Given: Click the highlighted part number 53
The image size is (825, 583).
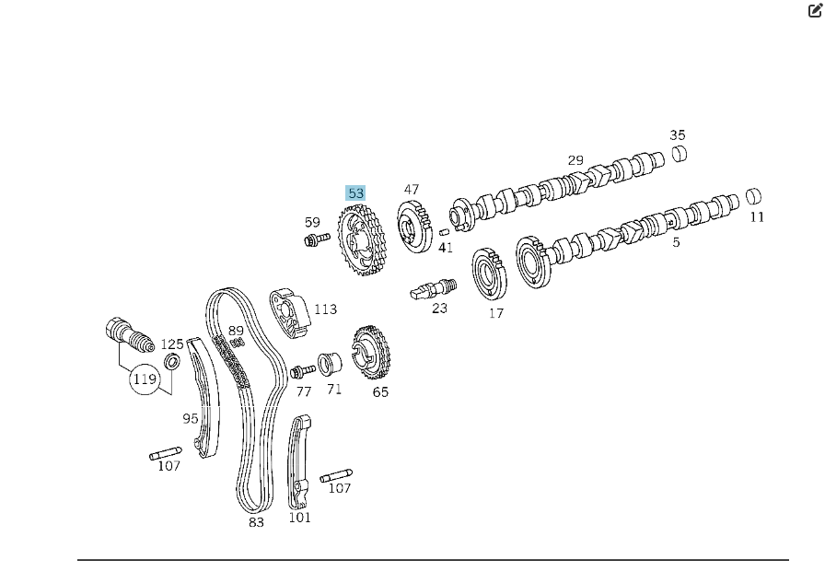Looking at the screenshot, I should click(x=355, y=193).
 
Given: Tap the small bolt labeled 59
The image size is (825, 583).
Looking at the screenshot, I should click(x=315, y=240).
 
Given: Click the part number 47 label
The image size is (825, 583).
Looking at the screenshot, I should click(x=411, y=190).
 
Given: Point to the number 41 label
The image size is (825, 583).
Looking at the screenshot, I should click(x=446, y=248).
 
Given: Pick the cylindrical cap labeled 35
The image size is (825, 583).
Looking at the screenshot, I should click(x=679, y=153).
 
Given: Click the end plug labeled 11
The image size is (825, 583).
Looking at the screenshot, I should click(x=754, y=195).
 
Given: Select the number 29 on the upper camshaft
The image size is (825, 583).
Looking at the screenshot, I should click(x=575, y=160).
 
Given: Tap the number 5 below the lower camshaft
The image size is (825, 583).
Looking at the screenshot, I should click(x=676, y=242).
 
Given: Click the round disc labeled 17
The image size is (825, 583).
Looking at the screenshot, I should click(x=490, y=274).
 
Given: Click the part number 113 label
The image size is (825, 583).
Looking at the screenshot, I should click(x=325, y=309).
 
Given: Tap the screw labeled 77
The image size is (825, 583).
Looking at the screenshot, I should click(x=300, y=371).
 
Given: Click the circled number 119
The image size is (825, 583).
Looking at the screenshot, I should click(x=144, y=378).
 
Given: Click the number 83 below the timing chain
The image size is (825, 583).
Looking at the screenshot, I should click(x=256, y=522).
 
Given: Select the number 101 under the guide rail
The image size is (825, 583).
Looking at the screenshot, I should click(x=299, y=518).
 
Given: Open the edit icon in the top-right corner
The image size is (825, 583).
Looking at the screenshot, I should click(x=815, y=11).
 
